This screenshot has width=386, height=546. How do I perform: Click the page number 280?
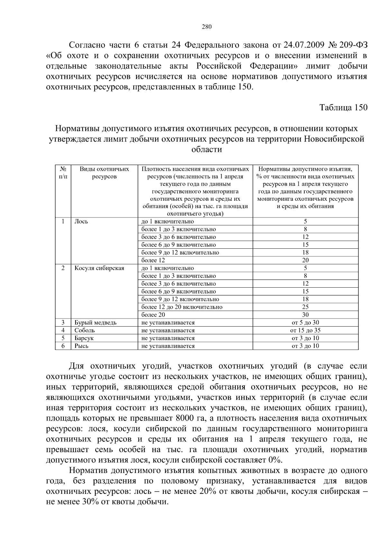207,27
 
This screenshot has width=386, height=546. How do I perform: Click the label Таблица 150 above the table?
343,107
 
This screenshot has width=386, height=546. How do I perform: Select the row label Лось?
81,221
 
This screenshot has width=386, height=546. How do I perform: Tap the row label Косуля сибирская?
99,268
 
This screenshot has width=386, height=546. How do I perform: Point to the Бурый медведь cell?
95,322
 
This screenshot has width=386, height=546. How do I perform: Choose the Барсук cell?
84,338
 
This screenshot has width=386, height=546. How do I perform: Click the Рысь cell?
81,346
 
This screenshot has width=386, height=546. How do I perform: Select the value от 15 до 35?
305,330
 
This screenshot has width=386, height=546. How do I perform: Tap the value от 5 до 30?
305,322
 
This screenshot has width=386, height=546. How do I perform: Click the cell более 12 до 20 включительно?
182,307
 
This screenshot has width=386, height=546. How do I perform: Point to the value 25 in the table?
305,307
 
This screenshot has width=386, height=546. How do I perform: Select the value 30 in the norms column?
305,315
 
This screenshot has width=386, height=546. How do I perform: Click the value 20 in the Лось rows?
305,260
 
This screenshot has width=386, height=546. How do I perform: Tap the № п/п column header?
63,173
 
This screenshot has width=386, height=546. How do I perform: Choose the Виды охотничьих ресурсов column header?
104,173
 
